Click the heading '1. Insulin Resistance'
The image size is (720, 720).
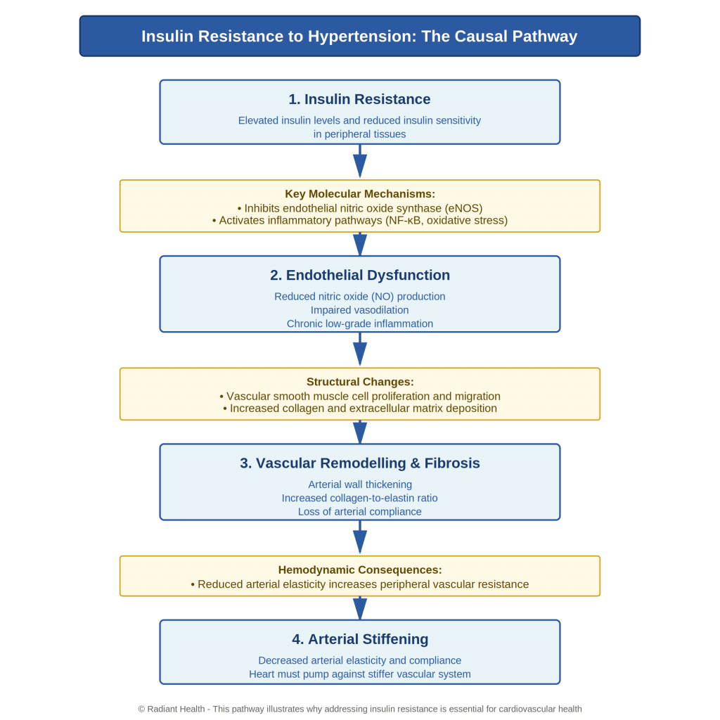(x=360, y=99)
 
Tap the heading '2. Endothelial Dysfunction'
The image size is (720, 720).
(x=360, y=276)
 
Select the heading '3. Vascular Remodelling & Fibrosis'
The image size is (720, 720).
(x=360, y=463)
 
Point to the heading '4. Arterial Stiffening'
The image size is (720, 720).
(x=360, y=639)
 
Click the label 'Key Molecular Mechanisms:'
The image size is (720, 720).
(x=360, y=194)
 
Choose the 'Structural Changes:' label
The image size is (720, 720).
(x=360, y=382)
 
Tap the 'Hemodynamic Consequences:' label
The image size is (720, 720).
(x=360, y=570)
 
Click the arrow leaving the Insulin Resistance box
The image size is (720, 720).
(x=360, y=162)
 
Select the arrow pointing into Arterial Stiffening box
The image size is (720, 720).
(x=360, y=608)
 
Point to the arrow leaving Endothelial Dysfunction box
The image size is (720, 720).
(x=360, y=350)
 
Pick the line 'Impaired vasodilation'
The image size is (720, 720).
(x=360, y=310)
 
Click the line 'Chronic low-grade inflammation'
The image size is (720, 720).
(x=360, y=323)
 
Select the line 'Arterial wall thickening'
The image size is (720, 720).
(x=360, y=484)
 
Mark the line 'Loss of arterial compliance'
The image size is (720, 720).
(x=360, y=511)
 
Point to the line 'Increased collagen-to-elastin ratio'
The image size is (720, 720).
(x=360, y=498)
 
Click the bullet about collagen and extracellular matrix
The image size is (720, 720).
(x=360, y=409)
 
